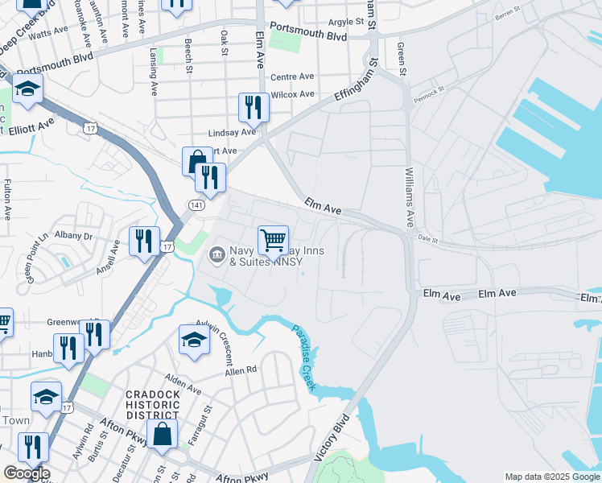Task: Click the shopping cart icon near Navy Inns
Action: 273,239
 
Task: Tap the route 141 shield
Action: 196,205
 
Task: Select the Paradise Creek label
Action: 305,359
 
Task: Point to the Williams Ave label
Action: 410,197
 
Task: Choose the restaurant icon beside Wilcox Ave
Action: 254,107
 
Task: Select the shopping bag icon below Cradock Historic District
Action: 163,433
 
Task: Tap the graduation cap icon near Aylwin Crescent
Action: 194,340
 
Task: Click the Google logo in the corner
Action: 26,473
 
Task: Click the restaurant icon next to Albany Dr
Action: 144,240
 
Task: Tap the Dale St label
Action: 427,237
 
